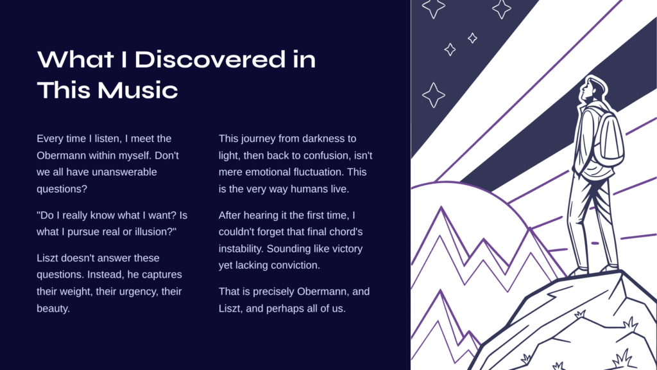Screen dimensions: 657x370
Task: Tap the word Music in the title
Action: click(x=137, y=90)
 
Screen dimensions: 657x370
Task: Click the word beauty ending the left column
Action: click(x=53, y=308)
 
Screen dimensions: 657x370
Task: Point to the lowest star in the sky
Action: click(x=433, y=95)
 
